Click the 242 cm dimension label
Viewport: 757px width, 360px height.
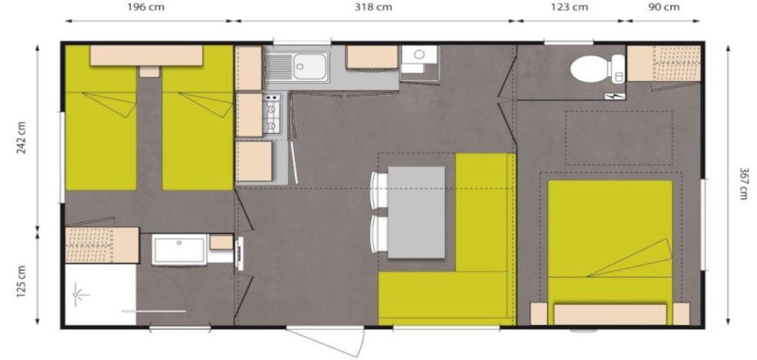(x=21, y=137)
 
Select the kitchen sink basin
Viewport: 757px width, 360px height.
(x=310, y=67)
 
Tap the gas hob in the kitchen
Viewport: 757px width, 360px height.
(x=272, y=113)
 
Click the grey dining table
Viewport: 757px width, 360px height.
(x=416, y=212)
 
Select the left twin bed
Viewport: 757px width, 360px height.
(x=101, y=118)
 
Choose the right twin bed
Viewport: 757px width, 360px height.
(x=197, y=118)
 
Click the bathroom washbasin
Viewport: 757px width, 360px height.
(x=179, y=249)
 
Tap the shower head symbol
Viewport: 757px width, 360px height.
(x=76, y=294)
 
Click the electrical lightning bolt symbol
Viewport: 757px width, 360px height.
(x=615, y=97)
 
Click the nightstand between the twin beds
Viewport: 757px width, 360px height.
(x=149, y=72)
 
